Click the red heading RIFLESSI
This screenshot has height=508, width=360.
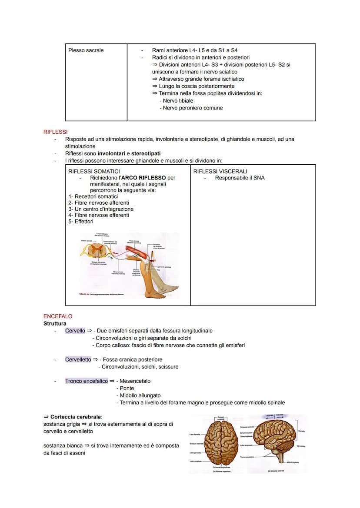(56, 132)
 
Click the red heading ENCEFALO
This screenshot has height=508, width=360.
(58, 316)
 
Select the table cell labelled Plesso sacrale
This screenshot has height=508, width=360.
(86, 50)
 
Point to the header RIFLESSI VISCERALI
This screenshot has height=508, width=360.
(220, 172)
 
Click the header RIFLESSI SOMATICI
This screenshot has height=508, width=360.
(94, 172)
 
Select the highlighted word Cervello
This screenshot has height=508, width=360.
(75, 331)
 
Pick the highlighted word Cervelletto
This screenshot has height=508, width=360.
(78, 359)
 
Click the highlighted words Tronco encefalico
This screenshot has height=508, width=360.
(87, 381)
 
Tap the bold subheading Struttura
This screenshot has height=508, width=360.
(55, 324)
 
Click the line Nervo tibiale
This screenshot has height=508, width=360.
(178, 101)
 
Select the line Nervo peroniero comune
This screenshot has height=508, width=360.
(193, 108)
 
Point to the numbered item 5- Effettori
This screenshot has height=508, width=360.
(81, 222)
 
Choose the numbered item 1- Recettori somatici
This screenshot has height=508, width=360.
(93, 196)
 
